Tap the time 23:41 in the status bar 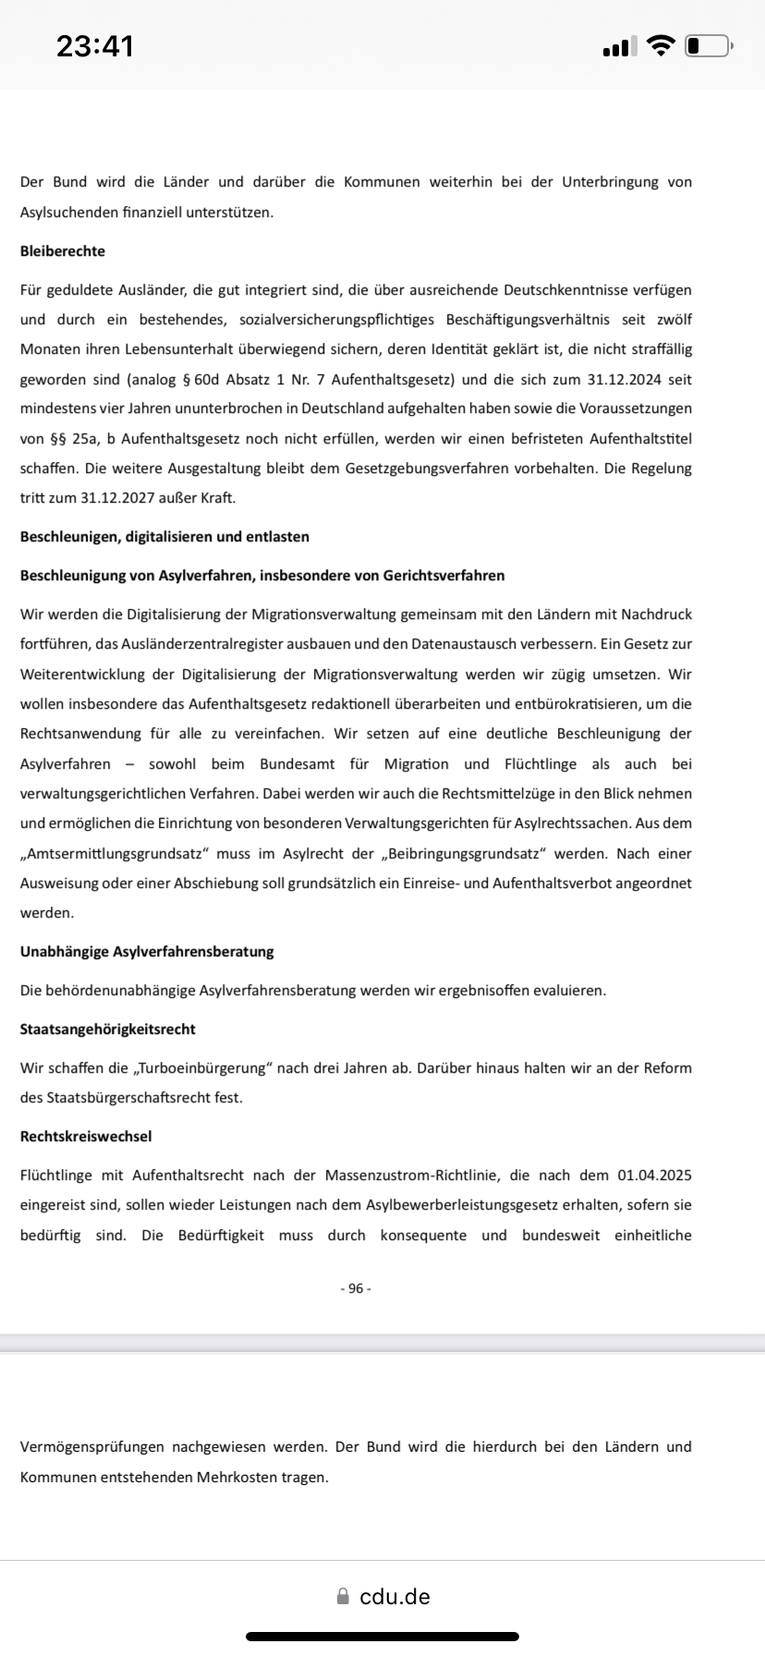95,45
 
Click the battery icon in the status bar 708,45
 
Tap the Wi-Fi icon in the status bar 661,45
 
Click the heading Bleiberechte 63,251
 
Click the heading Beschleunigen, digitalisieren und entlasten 164,537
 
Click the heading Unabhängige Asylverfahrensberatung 147,952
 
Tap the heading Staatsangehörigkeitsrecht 108,1029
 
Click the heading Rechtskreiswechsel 86,1137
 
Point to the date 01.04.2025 654,1175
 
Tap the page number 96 356,1288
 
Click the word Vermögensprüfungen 92,1447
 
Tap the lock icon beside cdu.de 344,1597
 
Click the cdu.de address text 395,1597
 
